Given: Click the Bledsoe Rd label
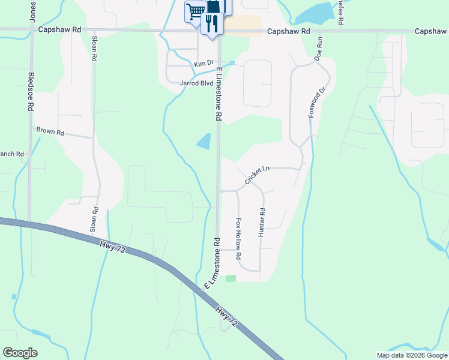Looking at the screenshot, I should tap(31, 92).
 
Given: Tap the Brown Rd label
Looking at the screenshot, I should tap(49, 131).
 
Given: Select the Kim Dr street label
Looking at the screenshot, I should tap(204, 63).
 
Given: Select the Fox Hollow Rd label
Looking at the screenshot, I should tap(238, 238).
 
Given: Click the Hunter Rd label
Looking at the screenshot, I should tap(262, 222).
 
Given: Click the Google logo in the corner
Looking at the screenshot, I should tap(20, 353).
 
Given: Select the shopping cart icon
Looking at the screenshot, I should tap(194, 11).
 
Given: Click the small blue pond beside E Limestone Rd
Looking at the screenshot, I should tap(204, 142).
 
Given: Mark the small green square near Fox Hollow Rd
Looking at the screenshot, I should tap(231, 278).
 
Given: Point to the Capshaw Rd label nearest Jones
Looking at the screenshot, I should tap(59, 29).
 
